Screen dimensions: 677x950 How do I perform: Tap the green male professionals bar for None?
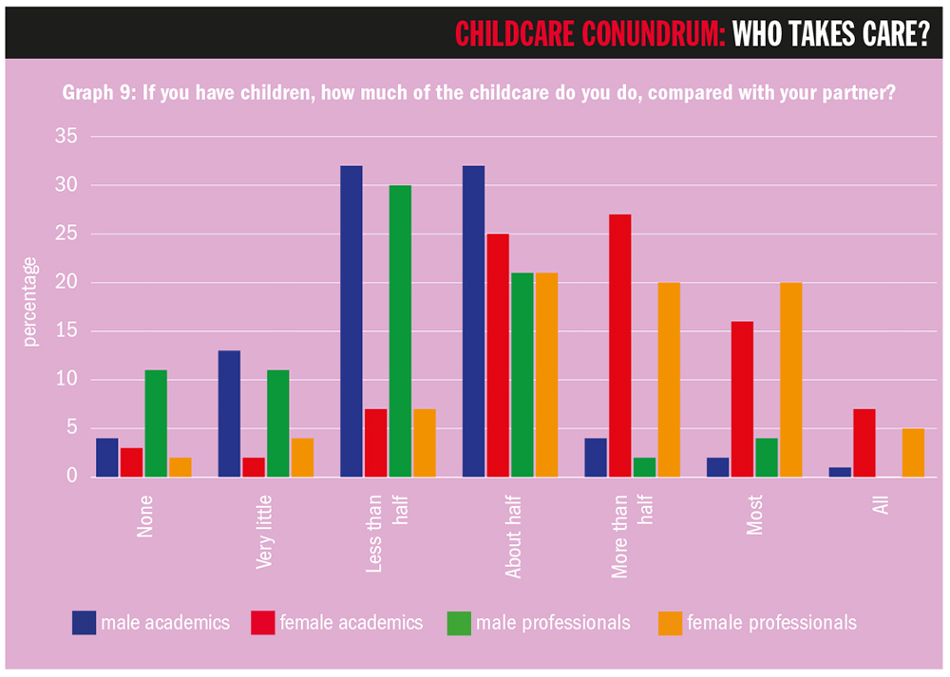click(x=156, y=423)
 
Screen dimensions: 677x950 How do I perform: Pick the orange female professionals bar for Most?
click(x=790, y=379)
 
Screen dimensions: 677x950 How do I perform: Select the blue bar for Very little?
click(x=229, y=413)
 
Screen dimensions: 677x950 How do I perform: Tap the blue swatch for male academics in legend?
click(x=84, y=623)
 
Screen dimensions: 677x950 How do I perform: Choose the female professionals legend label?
click(x=771, y=623)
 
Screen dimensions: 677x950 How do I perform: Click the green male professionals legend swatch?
click(x=459, y=623)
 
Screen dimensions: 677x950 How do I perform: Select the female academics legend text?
click(x=351, y=623)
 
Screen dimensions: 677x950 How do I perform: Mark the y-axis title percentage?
click(x=30, y=302)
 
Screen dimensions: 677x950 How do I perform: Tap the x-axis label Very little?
click(x=266, y=532)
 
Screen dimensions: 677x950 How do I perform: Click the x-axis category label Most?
click(x=755, y=514)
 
